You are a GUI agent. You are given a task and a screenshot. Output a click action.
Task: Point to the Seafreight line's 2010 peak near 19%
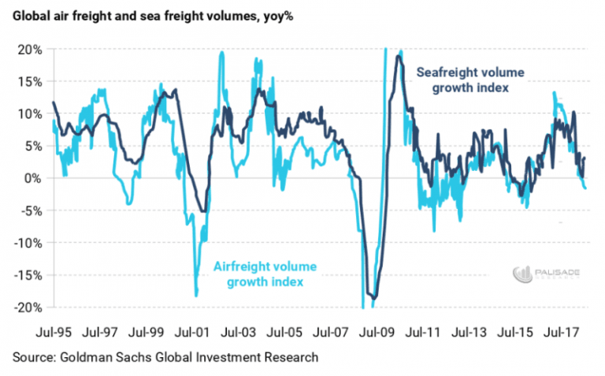coord(399,56)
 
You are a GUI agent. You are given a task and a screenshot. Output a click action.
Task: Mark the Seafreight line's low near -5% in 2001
coord(204,210)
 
